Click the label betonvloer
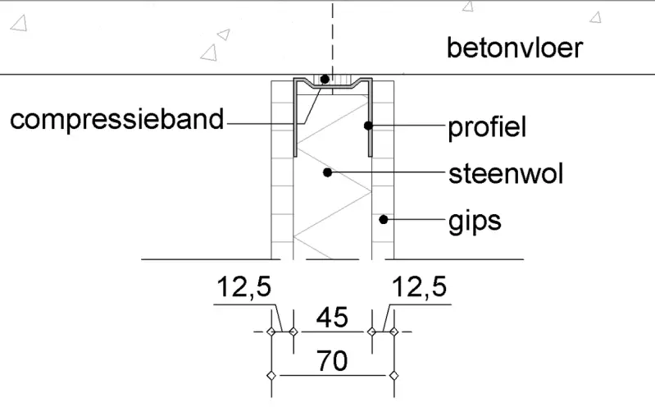click(x=514, y=48)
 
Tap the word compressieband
click(x=116, y=120)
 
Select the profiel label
click(x=486, y=127)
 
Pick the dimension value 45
click(x=331, y=316)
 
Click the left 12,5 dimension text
click(x=243, y=288)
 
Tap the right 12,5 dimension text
click(x=420, y=288)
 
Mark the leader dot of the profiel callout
click(x=369, y=126)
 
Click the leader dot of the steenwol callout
click(x=326, y=172)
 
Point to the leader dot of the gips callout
click(x=383, y=219)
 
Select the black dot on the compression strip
click(x=325, y=80)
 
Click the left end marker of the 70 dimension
click(x=271, y=375)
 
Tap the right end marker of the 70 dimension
click(x=393, y=375)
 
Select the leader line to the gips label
click(x=414, y=219)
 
